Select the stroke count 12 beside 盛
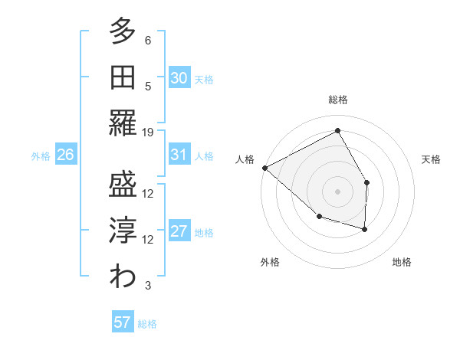[148, 194]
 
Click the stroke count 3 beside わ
[148, 286]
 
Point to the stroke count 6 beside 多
[148, 40]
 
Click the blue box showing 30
[179, 77]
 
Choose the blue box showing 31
[179, 155]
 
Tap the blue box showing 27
[179, 231]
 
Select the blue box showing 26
[65, 155]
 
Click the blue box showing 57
[123, 322]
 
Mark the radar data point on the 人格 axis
[264, 168]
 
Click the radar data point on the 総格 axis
[337, 131]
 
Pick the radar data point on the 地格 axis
[365, 229]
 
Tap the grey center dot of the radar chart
[337, 191]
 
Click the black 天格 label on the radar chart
[431, 159]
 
